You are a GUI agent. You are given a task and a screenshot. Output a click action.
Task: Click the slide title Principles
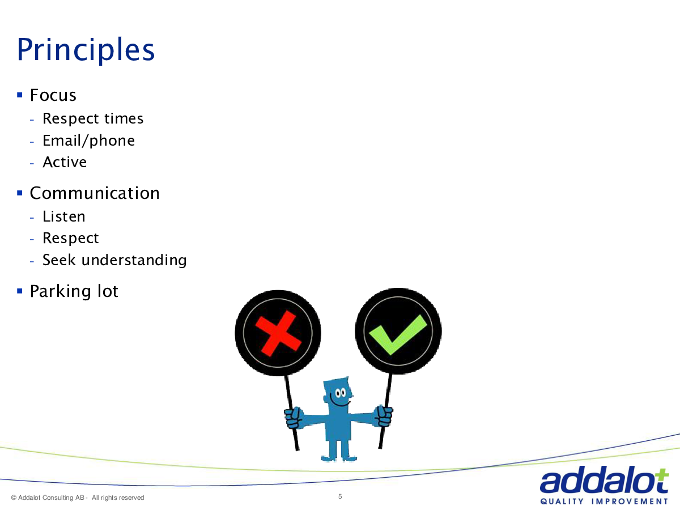pos(86,50)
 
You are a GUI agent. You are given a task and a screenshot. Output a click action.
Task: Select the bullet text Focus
pos(53,95)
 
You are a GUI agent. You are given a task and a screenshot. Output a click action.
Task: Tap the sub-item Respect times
pos(93,118)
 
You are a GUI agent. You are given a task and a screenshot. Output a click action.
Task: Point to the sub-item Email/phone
pos(88,141)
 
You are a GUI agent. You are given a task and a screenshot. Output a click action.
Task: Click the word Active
pos(65,162)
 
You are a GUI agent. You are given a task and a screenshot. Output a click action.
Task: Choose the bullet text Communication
pos(95,193)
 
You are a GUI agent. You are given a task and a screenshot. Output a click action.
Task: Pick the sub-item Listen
pos(64,216)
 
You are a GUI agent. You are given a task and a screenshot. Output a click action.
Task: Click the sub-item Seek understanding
pos(114,260)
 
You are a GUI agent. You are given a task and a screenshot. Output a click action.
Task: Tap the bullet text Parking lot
pos(74,291)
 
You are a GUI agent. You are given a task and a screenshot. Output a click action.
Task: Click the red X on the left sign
pos(278,334)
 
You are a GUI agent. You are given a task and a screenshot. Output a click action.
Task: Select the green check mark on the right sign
pos(398,335)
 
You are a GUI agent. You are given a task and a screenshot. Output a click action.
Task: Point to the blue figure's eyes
pos(341,393)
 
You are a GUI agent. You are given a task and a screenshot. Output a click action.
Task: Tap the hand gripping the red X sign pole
pos(293,418)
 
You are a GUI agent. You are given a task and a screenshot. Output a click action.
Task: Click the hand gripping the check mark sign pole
pos(384,416)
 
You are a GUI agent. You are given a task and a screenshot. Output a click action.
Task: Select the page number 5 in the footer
pos(340,497)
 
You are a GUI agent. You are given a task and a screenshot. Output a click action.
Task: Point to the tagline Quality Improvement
pos(604,501)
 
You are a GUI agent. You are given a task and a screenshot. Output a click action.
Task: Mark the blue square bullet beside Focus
pos(20,95)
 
